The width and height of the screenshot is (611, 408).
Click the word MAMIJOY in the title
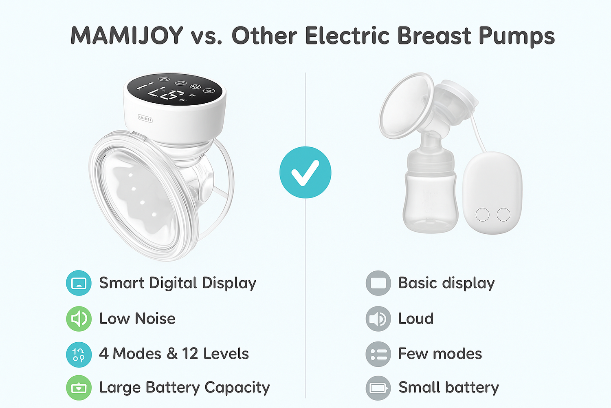[x=127, y=35]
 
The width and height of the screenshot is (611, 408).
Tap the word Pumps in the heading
[x=516, y=37]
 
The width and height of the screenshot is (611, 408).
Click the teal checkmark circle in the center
[x=305, y=173]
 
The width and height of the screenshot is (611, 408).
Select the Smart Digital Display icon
[x=79, y=283]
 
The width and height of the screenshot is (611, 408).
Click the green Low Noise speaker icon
[x=79, y=319]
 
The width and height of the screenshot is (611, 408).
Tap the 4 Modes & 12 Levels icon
[x=79, y=355]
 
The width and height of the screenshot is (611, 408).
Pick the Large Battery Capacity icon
[x=79, y=388]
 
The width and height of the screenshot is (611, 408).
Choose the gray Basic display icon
[x=378, y=283]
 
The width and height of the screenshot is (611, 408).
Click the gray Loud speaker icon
[x=378, y=319]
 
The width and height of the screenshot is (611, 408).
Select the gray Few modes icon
[x=378, y=354]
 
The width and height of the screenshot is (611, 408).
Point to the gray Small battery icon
[x=378, y=388]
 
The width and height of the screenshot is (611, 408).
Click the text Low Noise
[x=137, y=319]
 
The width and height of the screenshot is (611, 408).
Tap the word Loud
[x=416, y=319]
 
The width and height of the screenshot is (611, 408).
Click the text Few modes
[x=440, y=354]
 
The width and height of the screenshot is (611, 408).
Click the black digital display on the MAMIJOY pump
[x=175, y=89]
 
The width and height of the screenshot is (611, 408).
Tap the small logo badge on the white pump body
[x=145, y=118]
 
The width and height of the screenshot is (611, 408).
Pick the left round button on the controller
[x=483, y=215]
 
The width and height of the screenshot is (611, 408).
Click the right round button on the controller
[x=503, y=215]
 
